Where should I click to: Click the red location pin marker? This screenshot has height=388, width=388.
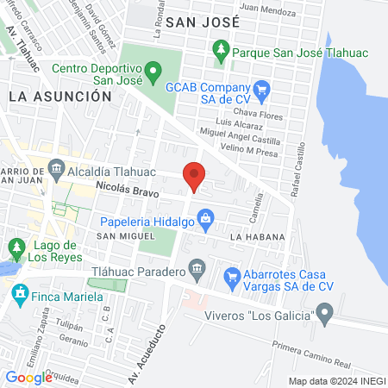[x=194, y=176]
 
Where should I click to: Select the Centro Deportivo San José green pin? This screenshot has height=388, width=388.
[x=153, y=69]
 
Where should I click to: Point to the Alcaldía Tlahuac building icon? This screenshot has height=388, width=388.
[x=57, y=167]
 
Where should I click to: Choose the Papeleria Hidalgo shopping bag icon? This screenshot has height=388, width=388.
[x=205, y=222]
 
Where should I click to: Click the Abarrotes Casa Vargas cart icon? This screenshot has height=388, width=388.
[x=231, y=277]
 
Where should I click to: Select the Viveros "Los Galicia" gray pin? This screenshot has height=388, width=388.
[x=324, y=314]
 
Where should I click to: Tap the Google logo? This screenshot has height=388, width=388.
[x=28, y=377]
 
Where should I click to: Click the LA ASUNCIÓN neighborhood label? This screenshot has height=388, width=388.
[x=60, y=97]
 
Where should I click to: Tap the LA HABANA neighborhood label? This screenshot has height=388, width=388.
[x=252, y=235]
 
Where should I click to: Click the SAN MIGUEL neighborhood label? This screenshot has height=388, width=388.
[x=118, y=236]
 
